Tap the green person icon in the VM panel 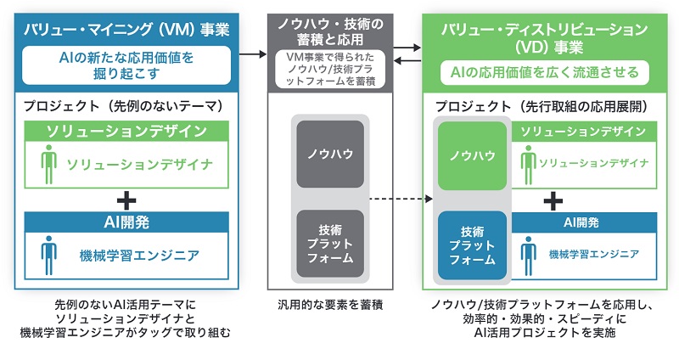pos(49,162)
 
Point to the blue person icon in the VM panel pos(49,252)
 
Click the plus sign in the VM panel pos(126,200)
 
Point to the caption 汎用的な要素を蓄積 pos(330,303)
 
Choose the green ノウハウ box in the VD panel pos(472,155)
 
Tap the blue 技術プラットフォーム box pos(472,246)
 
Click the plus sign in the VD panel pos(553,200)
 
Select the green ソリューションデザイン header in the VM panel pos(126,131)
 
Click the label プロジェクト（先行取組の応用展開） pos(543,108)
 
